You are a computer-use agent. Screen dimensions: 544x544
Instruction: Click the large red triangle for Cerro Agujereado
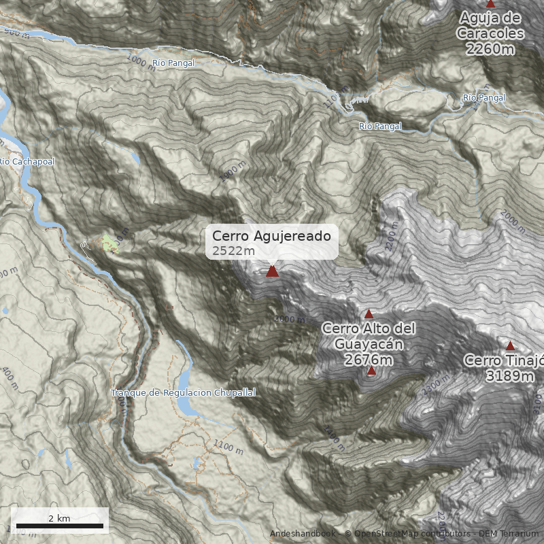tap(272, 271)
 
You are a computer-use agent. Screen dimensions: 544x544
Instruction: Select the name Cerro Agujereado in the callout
tap(271, 235)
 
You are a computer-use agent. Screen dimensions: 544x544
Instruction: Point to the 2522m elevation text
tap(233, 251)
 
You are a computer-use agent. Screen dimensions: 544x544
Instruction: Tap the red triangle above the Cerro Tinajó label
tap(510, 345)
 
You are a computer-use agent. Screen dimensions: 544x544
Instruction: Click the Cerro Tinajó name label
tap(504, 360)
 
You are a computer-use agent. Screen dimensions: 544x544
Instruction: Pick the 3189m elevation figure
tap(509, 375)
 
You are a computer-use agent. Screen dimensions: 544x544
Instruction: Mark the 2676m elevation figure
tap(369, 360)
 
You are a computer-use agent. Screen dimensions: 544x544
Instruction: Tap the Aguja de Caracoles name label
tap(490, 25)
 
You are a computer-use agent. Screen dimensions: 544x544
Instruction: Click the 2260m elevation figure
tap(490, 48)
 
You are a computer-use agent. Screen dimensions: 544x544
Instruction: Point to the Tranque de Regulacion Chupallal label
tap(183, 393)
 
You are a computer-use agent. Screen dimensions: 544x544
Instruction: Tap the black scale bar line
tap(60, 526)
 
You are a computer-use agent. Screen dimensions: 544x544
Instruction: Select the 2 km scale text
tap(59, 518)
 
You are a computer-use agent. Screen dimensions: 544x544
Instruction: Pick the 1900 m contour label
tap(232, 171)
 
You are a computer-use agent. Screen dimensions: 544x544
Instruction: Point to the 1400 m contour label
tap(335, 439)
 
